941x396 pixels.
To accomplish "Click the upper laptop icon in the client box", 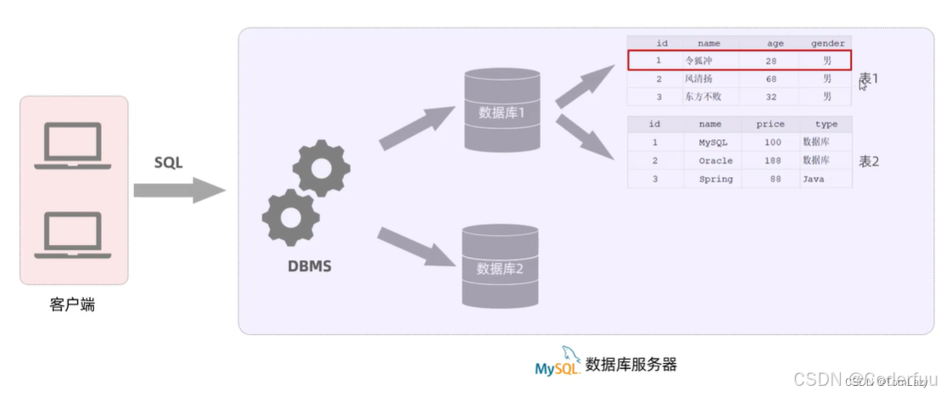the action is point(73,146).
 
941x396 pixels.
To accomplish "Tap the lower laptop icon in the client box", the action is point(73,235).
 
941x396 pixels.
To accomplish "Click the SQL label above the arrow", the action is point(168,163).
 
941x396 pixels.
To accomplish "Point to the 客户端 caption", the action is point(73,304).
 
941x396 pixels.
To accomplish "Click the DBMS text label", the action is point(309,266).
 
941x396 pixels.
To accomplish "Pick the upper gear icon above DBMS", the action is point(321,169).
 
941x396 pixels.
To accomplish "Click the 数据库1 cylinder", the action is point(501,111).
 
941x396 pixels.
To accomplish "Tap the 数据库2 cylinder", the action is point(500,266).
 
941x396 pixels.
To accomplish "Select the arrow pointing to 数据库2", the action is point(417,248).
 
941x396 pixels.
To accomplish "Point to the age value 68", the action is point(770,79).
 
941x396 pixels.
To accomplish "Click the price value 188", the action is point(771,161).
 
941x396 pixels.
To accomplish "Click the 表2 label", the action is point(869,161).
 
